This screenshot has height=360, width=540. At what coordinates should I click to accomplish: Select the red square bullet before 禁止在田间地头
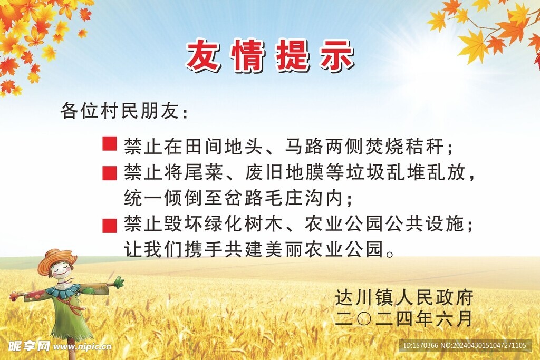coord(109,144)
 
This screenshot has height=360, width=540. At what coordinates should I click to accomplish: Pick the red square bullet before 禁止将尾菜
coord(109,172)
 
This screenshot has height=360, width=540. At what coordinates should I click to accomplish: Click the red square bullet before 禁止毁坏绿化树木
coord(109,225)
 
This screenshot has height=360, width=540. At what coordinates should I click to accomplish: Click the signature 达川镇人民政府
coord(403,298)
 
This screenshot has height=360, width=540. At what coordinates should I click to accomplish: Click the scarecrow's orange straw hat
coord(56,258)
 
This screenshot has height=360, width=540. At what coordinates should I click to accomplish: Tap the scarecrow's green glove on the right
coord(118,283)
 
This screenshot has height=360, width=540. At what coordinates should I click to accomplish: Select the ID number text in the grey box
coord(464,346)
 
